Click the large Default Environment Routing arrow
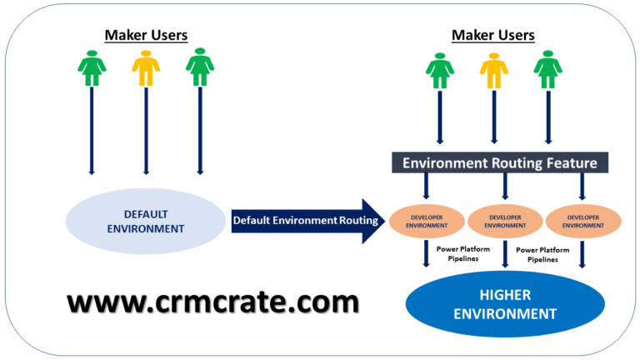pos(305,221)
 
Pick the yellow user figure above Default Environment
pos(146,68)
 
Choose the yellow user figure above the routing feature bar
pos(493,68)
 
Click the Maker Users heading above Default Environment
pos(146,35)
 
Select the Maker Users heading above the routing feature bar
pos(493,35)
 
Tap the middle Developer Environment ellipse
pos(506,220)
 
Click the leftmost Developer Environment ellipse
pos(426,220)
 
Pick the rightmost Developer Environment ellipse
pos(583,220)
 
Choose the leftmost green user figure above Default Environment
pos(91,68)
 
